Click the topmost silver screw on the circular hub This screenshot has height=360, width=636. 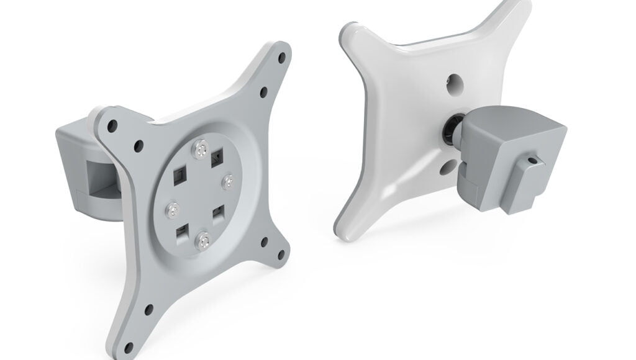(x=201, y=148)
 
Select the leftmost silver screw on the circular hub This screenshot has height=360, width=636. (x=171, y=209)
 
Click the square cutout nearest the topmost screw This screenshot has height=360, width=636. (x=217, y=156)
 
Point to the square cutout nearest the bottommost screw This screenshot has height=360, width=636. (x=181, y=233)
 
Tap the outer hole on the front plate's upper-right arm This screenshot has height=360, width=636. (x=281, y=56)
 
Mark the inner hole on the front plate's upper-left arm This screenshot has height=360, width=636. (x=138, y=145)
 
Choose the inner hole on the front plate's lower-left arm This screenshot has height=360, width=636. (x=148, y=308)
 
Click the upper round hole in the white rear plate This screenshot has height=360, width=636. (x=454, y=82)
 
